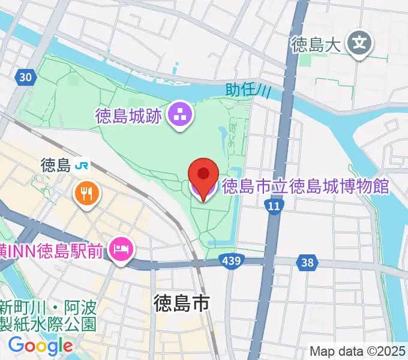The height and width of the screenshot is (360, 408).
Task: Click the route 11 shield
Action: [x=274, y=206]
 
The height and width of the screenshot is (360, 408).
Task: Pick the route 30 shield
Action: [x=25, y=76]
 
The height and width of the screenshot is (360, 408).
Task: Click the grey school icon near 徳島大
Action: [x=360, y=43]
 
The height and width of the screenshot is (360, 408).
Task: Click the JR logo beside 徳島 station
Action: [x=83, y=165]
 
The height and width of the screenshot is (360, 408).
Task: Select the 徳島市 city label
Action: [x=181, y=304]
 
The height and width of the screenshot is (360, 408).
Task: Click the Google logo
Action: [x=40, y=346]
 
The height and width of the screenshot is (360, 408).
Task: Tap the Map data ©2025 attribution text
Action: [x=357, y=351]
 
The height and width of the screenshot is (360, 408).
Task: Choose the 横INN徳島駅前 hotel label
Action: [x=54, y=249]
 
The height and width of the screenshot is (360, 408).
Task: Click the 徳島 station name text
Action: [x=56, y=165]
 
